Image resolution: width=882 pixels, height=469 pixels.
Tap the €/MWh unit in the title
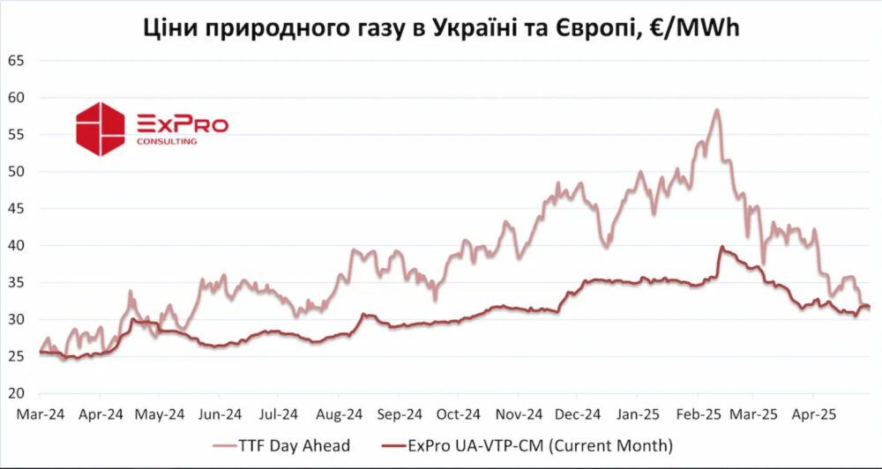tap(694, 27)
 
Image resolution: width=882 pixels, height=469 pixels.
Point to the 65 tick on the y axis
tap(16, 61)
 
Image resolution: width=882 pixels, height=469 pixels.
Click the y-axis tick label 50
tap(16, 171)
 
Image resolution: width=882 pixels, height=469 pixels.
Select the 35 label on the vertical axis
tap(16, 282)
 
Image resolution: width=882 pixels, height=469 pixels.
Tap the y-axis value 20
tap(16, 392)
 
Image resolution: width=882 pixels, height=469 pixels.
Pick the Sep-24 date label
tap(399, 413)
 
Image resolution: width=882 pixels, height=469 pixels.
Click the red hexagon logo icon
tap(100, 129)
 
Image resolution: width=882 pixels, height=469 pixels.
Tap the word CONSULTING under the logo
tap(167, 140)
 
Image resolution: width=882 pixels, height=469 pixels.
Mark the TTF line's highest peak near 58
tap(717, 109)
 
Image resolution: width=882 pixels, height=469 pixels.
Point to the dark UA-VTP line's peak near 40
tap(721, 247)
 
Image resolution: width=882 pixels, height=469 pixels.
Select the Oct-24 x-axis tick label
tap(459, 413)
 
